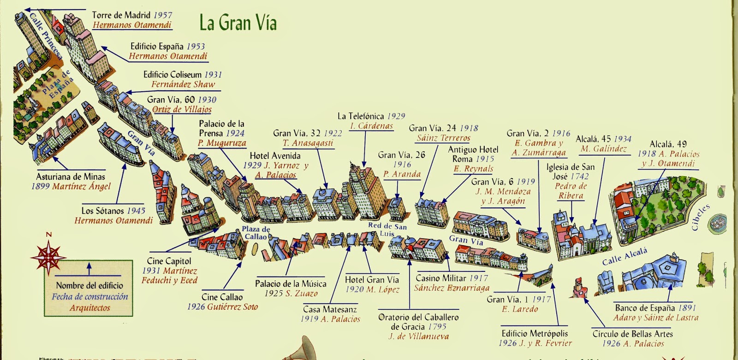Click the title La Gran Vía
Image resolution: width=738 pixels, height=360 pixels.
[x=238, y=22]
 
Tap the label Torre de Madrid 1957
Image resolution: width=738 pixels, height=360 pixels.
[x=132, y=15]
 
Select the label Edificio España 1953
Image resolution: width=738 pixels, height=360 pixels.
[x=167, y=47]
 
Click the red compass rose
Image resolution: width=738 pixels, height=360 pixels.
[x=48, y=256]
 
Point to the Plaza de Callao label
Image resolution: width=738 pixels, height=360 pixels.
[x=256, y=233]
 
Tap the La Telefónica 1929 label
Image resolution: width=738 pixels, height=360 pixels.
[x=371, y=116]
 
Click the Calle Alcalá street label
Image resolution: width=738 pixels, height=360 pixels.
[x=625, y=256]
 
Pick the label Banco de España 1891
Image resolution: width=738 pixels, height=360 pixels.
[x=655, y=307]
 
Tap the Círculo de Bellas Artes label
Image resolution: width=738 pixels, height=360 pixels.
[x=632, y=334]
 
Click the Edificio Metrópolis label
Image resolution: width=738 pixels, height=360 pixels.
[x=535, y=333]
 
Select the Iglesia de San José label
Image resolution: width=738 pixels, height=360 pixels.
[x=571, y=171]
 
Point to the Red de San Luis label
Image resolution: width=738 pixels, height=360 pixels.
[x=387, y=229]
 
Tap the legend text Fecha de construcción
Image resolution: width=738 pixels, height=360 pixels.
[x=89, y=296]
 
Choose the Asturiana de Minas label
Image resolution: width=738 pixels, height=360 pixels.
[x=71, y=177]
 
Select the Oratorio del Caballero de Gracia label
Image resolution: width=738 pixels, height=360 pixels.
[x=418, y=322]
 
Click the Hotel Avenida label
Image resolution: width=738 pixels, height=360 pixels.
[x=275, y=156]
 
